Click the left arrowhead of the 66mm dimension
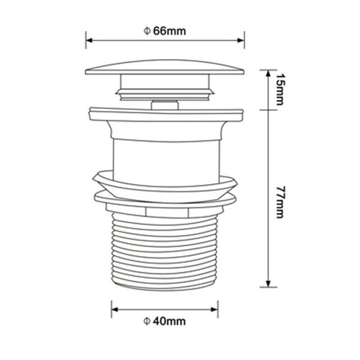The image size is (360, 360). point(88,38)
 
